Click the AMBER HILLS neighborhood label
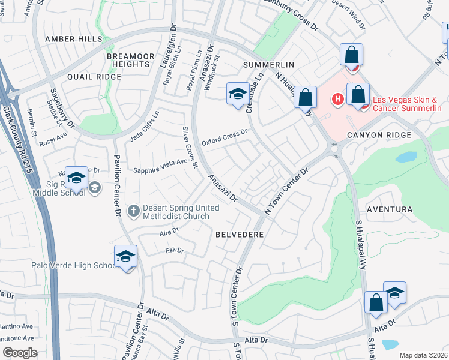pos(74,38)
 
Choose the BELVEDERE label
pos(240,235)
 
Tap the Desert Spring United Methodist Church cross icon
pos(133,211)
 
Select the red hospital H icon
pos(338,99)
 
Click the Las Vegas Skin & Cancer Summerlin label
pos(407,104)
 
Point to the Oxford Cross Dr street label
pos(224,137)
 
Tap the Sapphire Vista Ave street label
pos(160,166)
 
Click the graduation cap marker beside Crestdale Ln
pos(238,94)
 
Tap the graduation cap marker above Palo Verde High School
pos(125,256)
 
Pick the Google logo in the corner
pos(20,353)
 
